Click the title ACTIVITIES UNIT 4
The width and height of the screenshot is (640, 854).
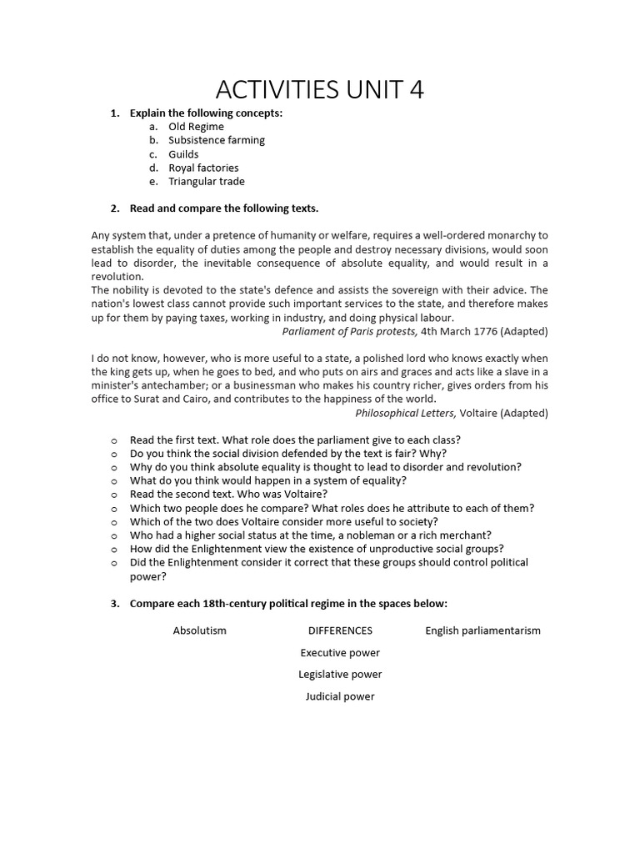320,89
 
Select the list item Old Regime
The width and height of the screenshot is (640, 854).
196,127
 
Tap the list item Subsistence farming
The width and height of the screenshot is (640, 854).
217,140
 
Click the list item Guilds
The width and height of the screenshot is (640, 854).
183,154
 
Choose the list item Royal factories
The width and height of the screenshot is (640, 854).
203,168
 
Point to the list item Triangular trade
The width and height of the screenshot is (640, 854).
207,181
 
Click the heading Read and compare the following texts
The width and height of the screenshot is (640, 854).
224,208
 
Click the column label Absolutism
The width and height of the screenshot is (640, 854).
200,630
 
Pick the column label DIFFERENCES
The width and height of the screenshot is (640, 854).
340,630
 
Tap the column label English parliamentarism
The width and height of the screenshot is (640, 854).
482,630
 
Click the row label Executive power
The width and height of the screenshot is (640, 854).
340,653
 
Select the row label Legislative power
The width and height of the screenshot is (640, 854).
340,675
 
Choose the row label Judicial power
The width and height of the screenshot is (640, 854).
340,696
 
